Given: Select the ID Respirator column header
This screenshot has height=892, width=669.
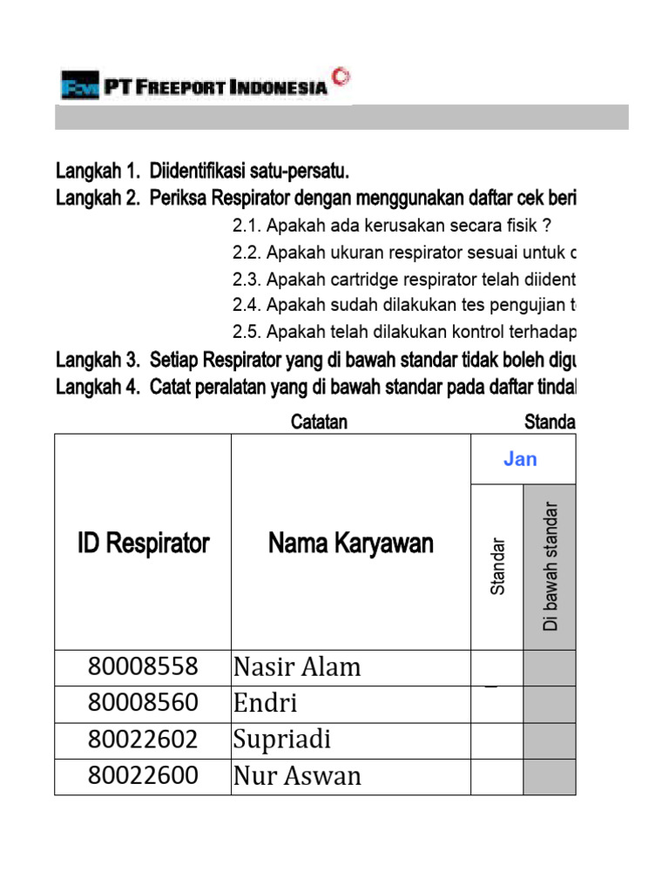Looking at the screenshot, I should point(143,544).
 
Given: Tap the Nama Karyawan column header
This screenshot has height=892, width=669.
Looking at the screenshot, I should point(350,544).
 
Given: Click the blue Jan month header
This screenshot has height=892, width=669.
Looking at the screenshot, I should point(520,459).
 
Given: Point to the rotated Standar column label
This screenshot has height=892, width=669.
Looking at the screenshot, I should point(497,566).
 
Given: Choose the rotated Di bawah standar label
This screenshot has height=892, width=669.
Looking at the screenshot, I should point(550,566).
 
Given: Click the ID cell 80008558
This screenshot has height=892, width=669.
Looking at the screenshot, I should point(143,667).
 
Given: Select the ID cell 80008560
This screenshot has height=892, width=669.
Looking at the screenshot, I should point(143,704).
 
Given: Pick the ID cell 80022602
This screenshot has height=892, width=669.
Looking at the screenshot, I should point(143,740).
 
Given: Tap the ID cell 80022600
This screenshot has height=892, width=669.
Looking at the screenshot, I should point(143,776).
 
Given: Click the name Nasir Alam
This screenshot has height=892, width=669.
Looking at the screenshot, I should point(296,667).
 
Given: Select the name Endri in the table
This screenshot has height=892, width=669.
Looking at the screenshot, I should point(265,704).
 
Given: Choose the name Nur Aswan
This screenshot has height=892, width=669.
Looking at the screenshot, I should point(296,776).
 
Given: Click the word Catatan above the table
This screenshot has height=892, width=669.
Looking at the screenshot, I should point(319,422).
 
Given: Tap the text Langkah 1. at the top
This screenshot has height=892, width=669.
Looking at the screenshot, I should point(98,168).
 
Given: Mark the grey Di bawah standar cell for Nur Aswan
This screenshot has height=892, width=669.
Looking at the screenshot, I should point(549,776).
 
